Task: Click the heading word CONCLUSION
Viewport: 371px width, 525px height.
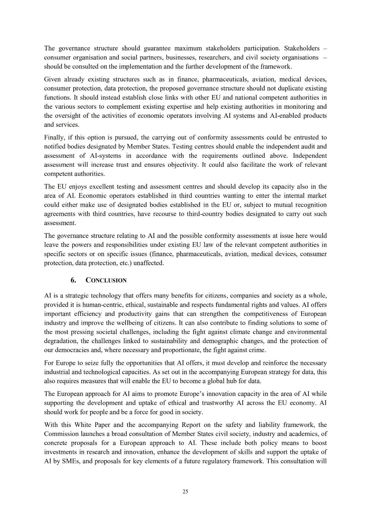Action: point(106,280)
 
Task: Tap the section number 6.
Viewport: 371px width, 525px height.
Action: point(73,280)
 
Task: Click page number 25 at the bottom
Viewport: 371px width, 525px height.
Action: point(185,491)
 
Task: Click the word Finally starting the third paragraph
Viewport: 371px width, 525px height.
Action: point(54,137)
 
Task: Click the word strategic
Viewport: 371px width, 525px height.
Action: point(76,296)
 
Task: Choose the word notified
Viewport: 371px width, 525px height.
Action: point(55,147)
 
